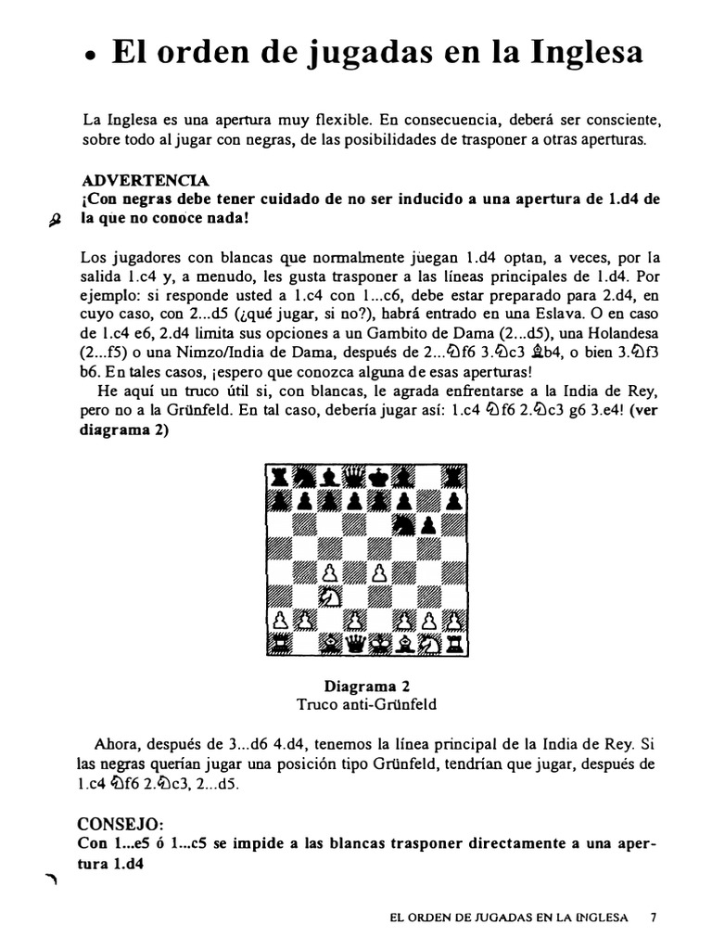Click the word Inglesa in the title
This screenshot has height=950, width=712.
click(588, 52)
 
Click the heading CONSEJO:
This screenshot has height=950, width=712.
click(121, 823)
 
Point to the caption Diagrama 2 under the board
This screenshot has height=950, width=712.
click(366, 687)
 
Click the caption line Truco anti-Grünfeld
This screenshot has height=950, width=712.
click(366, 704)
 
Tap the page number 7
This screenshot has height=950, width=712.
click(654, 918)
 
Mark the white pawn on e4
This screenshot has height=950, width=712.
click(380, 571)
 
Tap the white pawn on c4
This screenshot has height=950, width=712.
click(329, 571)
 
